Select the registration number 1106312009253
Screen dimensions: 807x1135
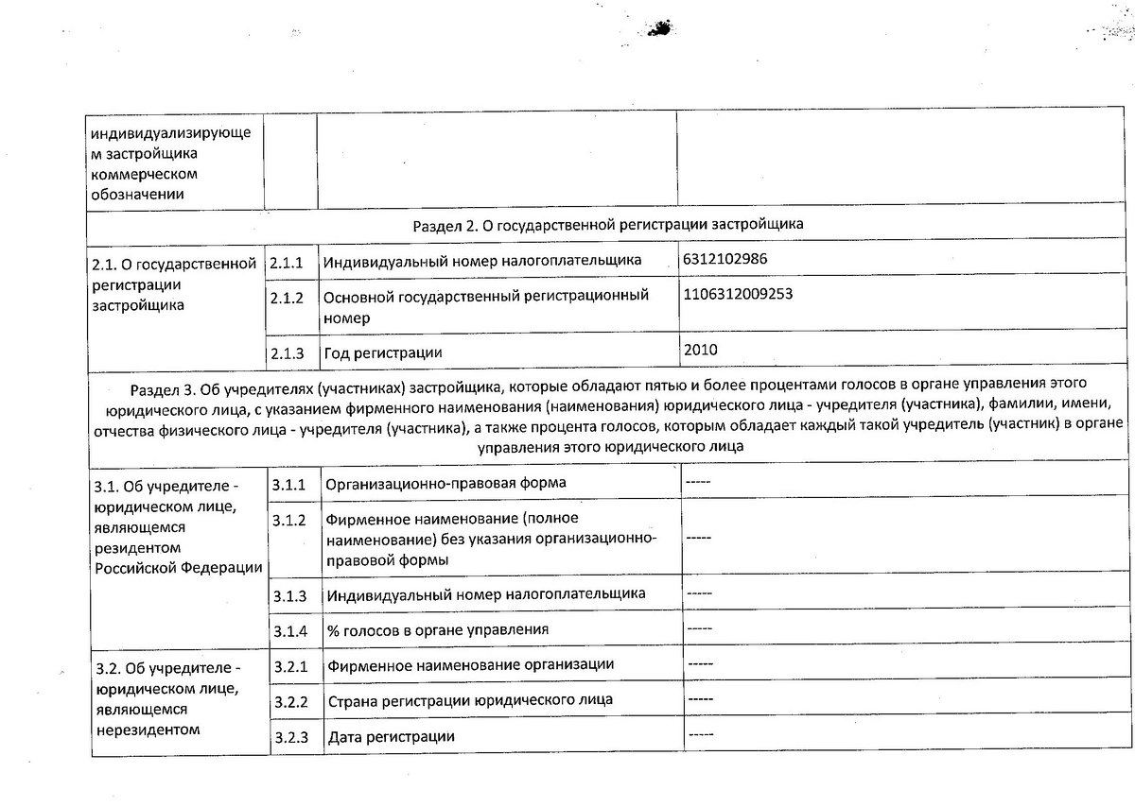[737, 294]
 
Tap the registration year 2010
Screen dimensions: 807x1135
[700, 350]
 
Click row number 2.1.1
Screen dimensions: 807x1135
[286, 260]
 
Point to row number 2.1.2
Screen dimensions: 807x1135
[286, 297]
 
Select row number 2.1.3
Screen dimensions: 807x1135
[287, 352]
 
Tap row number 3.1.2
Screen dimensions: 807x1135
[289, 520]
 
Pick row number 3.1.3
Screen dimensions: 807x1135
[290, 595]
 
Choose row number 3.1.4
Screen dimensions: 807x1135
[290, 629]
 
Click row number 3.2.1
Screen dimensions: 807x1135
[291, 665]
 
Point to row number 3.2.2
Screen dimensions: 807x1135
[291, 701]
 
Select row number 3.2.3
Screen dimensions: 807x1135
[291, 736]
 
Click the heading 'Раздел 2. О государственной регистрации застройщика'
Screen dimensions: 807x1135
[608, 225]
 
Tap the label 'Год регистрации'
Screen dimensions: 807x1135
[383, 352]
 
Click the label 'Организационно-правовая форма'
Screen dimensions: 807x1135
[446, 484]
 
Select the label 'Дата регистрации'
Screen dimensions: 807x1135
[392, 737]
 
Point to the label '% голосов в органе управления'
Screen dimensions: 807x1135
[438, 630]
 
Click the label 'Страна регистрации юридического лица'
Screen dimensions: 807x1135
[470, 701]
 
